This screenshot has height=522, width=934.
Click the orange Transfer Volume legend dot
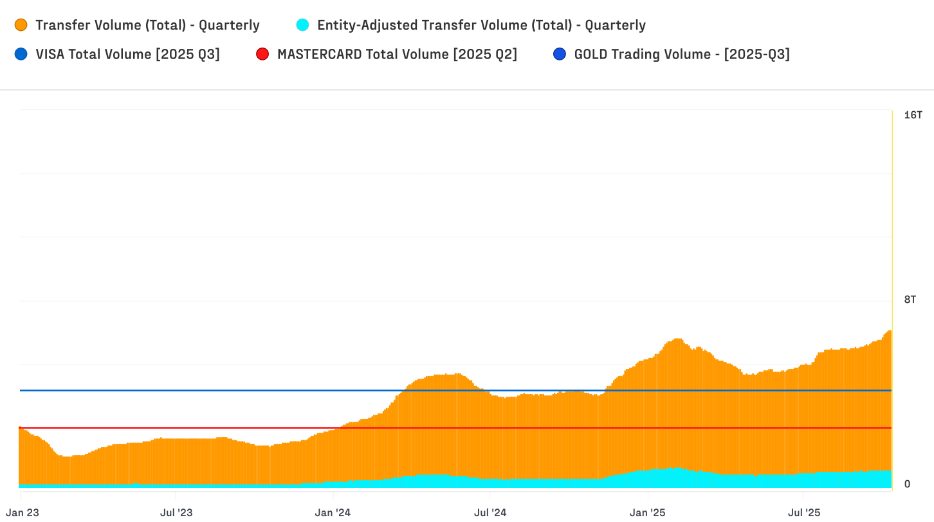point(21,25)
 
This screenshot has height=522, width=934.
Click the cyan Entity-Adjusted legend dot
point(302,25)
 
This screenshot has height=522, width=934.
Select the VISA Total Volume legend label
point(127,54)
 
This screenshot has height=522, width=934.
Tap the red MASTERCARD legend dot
point(262,54)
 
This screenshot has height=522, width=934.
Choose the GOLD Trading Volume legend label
point(682,54)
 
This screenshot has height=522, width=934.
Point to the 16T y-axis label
point(913,115)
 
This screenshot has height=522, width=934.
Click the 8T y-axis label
point(910,299)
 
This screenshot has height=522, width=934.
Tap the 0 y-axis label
point(907,484)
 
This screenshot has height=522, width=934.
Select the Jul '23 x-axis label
point(176,512)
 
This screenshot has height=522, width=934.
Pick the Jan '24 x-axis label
point(333,512)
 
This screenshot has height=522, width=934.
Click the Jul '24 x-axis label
point(490,512)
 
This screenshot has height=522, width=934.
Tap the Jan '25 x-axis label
point(648,512)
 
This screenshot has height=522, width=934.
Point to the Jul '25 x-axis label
point(804,512)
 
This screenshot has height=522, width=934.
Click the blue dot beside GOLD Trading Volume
point(559,54)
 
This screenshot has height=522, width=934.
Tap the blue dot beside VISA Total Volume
point(21,54)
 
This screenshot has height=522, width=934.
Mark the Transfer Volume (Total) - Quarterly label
point(147,25)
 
